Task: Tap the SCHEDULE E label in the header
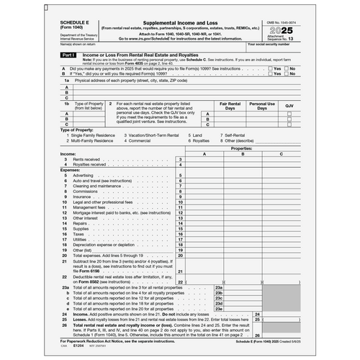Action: [76, 23]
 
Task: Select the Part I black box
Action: [68, 55]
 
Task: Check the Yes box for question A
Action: [269, 68]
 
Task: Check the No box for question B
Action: [286, 73]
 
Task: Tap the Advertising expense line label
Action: [83, 175]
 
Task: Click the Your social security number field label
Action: [271, 45]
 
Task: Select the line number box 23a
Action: [219, 287]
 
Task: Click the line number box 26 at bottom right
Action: [257, 334]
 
